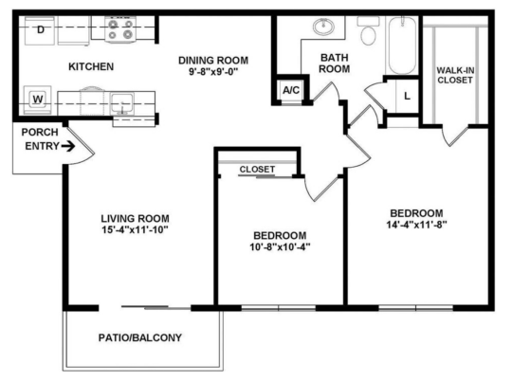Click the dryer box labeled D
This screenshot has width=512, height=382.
[40, 30]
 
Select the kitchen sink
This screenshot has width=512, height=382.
[121, 102]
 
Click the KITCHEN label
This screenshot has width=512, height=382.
[91, 66]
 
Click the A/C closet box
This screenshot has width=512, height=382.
[289, 90]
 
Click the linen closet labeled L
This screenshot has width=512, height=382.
[406, 96]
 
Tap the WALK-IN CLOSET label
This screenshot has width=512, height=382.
[456, 76]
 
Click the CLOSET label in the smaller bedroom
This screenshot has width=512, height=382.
[257, 169]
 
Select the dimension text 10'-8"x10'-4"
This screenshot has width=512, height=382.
[281, 248]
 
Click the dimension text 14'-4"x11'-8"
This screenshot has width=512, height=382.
[416, 226]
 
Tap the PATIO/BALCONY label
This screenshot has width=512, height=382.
[140, 337]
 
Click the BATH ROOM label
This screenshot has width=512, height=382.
[334, 64]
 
